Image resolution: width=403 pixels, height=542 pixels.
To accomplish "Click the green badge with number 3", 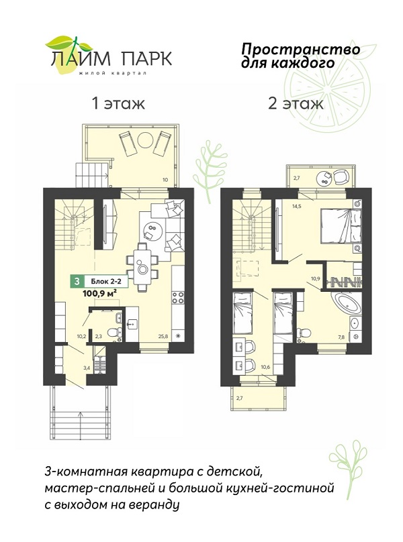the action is pos(77,282).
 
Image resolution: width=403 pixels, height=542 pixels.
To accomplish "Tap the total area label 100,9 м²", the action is pos(99,293).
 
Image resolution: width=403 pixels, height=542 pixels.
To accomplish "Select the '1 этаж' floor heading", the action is pos(118,103).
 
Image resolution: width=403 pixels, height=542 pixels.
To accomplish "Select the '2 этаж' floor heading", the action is pos(296,103).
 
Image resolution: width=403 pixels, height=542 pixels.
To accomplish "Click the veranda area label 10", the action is pos(165,179).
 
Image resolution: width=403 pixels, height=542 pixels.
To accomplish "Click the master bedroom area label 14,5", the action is pos(297,207).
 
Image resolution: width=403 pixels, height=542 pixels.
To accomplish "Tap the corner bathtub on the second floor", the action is pos(345,303).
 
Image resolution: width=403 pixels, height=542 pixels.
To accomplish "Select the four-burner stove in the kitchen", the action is pos(178,298).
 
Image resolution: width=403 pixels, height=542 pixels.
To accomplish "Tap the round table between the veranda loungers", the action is pos(145,140).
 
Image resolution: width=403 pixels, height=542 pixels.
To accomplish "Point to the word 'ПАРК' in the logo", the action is pos(146,58).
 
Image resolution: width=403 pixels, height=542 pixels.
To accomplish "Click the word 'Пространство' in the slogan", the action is pos(300,50).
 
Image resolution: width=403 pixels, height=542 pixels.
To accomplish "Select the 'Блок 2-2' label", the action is pos(104,282).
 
